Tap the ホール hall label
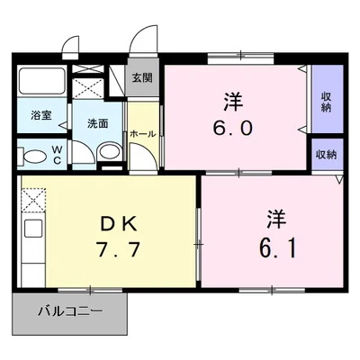141,133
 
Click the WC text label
55,154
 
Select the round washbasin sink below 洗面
107,153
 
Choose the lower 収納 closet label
326,154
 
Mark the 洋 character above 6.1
275,217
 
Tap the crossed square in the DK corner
32,197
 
